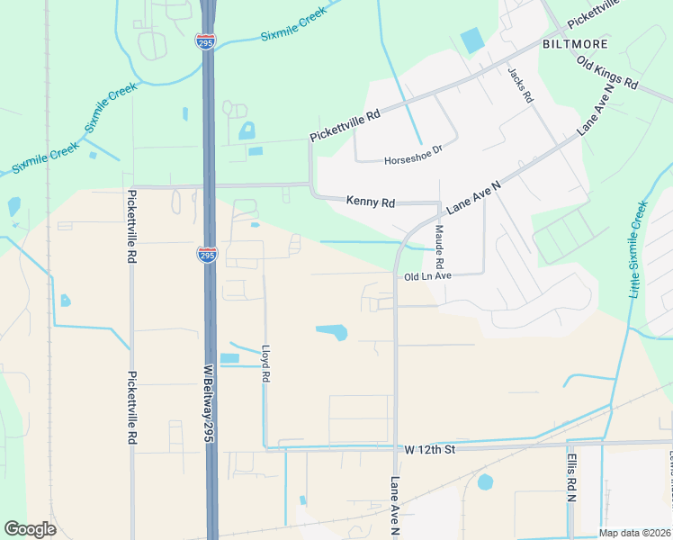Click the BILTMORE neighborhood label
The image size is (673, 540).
coord(575,43)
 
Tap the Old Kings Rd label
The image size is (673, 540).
coord(607,73)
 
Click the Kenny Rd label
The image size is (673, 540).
coord(371,202)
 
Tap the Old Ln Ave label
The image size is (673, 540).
coord(427,276)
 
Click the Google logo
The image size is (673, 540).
coord(30,529)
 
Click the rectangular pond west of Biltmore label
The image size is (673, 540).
coord(471,40)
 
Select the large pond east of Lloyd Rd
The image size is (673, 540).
coord(332,332)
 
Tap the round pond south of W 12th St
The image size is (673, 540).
coord(485,481)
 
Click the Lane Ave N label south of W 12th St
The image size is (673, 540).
coord(394,507)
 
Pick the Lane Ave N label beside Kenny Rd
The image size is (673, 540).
coord(473,194)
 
